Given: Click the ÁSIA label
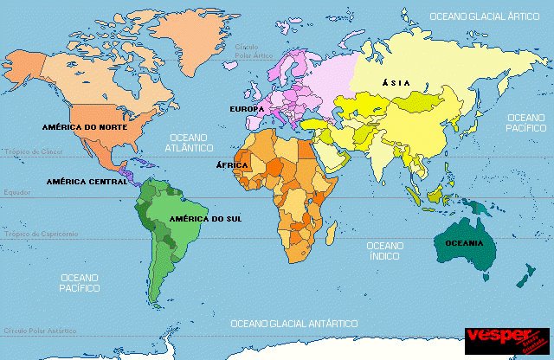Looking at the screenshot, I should tap(395, 83).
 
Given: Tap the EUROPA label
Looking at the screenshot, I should tap(246, 110).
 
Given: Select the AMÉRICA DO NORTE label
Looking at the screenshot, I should tap(84, 126).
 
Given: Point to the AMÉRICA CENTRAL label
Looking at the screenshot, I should tap(87, 182).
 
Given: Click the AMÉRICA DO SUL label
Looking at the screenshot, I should tap(206, 219).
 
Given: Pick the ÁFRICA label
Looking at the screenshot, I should tap(232, 164).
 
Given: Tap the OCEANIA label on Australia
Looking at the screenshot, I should tap(464, 243).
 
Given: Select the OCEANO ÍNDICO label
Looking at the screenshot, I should tap(385, 251).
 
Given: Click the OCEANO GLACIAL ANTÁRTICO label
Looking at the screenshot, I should tap(293, 323).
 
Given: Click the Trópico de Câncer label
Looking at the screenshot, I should tap(34, 151).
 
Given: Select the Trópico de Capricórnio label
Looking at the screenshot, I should tap(40, 235).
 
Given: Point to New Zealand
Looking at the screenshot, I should tap(525, 275).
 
